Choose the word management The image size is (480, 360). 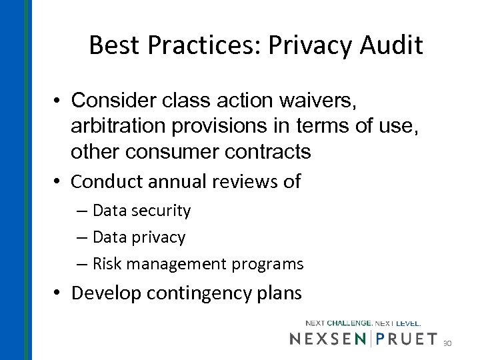(x=179, y=264)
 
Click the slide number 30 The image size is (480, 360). (x=447, y=343)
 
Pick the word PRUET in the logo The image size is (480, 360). (x=407, y=339)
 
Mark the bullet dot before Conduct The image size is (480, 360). (x=59, y=181)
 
